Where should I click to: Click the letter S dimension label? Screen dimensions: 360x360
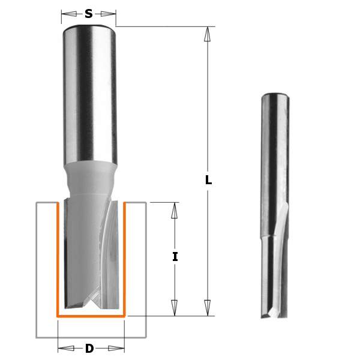pyautogui.click(x=89, y=13)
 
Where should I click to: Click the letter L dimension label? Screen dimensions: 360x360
pyautogui.click(x=208, y=179)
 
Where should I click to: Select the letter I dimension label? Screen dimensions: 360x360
pyautogui.click(x=175, y=257)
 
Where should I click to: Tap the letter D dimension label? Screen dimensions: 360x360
pyautogui.click(x=90, y=349)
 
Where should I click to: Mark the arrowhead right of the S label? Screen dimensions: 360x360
pyautogui.click(x=109, y=13)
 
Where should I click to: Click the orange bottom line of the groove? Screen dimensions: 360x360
pyautogui.click(x=90, y=315)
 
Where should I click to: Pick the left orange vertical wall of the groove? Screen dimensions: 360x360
pyautogui.click(x=57, y=258)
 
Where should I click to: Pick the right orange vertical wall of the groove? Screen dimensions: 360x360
pyautogui.click(x=124, y=258)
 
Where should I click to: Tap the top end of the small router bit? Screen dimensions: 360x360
pyautogui.click(x=273, y=96)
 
